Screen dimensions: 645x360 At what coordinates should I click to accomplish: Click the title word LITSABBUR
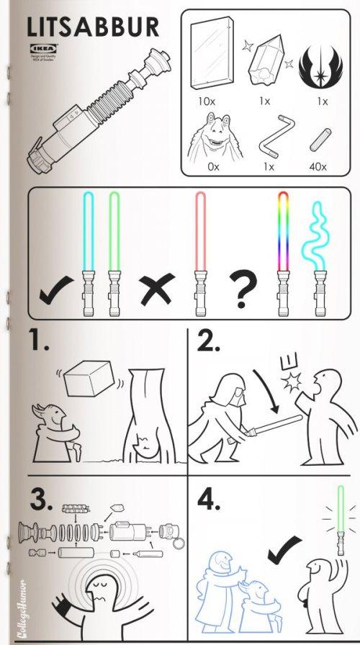pos(92,27)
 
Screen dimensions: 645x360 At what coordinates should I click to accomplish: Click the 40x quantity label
pos(318,167)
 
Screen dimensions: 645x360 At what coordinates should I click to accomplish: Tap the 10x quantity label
pos(207,102)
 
